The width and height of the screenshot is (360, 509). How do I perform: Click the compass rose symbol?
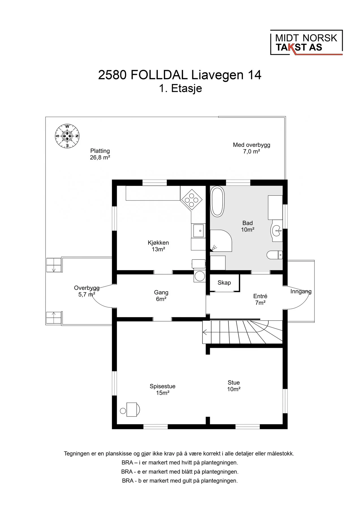tap(67, 136)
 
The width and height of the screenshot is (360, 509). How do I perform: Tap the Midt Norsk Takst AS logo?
tap(307, 42)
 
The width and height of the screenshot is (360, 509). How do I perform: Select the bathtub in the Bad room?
tap(217, 201)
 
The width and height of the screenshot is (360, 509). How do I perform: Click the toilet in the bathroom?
tap(275, 255)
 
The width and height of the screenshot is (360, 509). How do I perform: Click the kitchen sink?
tap(198, 230)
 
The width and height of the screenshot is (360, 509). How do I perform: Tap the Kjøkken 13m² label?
tap(158, 246)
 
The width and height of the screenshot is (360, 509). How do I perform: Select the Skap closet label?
tap(224, 282)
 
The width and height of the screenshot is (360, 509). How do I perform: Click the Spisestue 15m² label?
tap(163, 389)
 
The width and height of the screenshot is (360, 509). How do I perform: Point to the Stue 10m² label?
tap(234, 386)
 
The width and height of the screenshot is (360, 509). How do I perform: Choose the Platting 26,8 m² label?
tap(100, 154)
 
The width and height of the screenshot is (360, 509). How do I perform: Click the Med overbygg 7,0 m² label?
tap(252, 148)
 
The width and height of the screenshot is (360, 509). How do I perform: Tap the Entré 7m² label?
tap(260, 299)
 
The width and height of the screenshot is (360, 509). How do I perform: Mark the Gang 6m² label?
tap(161, 296)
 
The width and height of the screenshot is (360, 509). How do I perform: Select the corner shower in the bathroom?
tap(221, 241)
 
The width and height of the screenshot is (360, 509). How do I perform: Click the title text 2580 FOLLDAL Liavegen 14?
tap(180, 75)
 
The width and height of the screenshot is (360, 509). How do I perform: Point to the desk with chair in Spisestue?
tap(130, 409)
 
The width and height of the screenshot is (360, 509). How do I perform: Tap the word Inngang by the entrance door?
tap(301, 292)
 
